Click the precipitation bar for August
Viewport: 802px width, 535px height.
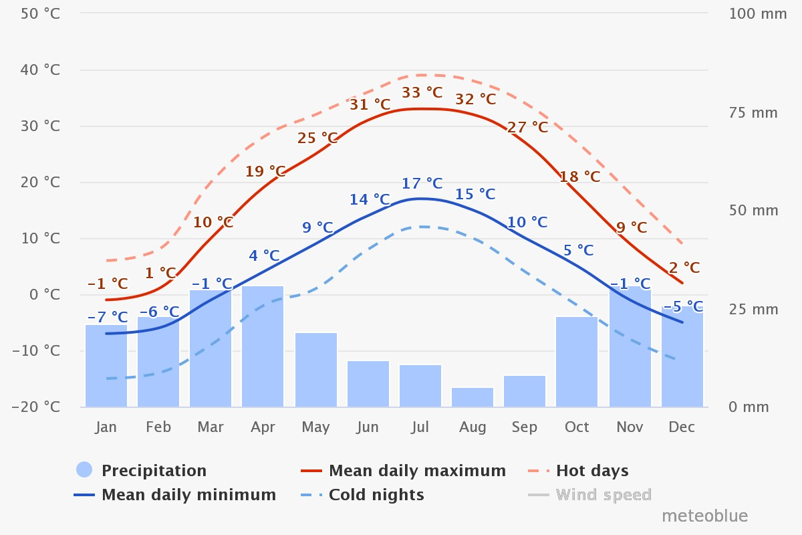pos(473,397)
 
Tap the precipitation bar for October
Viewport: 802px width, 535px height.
pos(577,362)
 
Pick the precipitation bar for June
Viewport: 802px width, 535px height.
pos(368,384)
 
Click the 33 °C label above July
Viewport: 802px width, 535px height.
pos(422,92)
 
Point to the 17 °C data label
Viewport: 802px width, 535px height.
pos(422,183)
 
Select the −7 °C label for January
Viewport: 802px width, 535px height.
pos(107,317)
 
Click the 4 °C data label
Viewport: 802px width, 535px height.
pos(264,255)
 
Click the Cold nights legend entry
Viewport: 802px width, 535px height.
pos(376,495)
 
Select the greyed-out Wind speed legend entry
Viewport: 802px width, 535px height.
pos(604,495)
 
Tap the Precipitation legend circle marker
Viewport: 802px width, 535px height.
pos(84,470)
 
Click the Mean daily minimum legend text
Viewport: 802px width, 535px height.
pos(188,495)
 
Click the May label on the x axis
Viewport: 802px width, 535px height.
pos(315,427)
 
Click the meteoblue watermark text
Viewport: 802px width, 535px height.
pos(704,516)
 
